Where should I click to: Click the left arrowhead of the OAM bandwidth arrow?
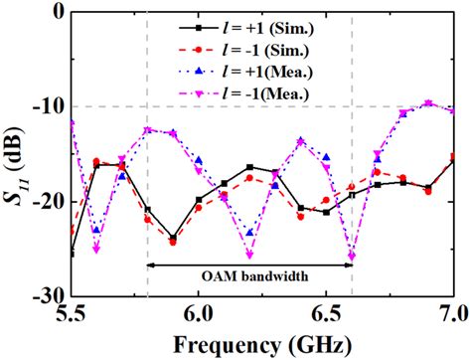[151, 265]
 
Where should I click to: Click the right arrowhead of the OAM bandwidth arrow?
[349, 265]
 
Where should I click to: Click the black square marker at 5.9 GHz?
[173, 239]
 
